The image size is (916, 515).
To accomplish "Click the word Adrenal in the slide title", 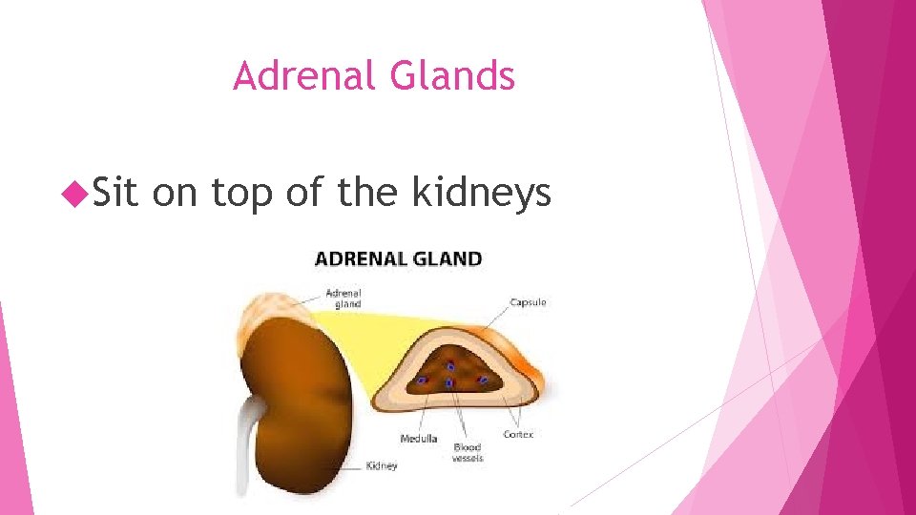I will pyautogui.click(x=294, y=76).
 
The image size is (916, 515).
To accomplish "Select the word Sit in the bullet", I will pyautogui.click(x=116, y=193).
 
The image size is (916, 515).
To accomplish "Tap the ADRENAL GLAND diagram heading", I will pyautogui.click(x=399, y=258).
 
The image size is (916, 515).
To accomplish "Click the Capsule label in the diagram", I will pyautogui.click(x=528, y=302).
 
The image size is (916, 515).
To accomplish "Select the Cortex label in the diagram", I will pyautogui.click(x=518, y=434).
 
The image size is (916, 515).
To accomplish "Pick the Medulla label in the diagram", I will pyautogui.click(x=419, y=439).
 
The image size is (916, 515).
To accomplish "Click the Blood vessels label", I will pyautogui.click(x=468, y=452).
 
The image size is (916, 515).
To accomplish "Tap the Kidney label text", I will pyautogui.click(x=382, y=466).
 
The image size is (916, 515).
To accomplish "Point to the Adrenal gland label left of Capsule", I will pyautogui.click(x=343, y=298).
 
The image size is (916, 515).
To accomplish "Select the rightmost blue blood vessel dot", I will pyautogui.click(x=483, y=380).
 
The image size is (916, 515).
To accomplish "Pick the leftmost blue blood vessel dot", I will pyautogui.click(x=422, y=380).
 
